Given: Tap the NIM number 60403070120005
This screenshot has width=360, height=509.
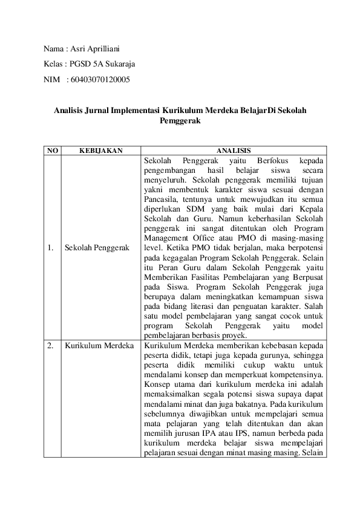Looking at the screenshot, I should pyautogui.click(x=100, y=79).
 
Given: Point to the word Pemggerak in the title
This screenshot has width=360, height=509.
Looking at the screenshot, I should pyautogui.click(x=180, y=121).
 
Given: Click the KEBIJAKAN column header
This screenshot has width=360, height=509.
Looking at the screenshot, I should pyautogui.click(x=100, y=151).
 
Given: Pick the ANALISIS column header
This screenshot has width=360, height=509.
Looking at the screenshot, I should pyautogui.click(x=234, y=151).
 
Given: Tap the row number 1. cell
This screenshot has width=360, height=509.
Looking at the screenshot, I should pyautogui.click(x=51, y=248).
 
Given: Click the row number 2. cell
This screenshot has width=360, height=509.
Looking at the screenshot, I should pyautogui.click(x=51, y=346).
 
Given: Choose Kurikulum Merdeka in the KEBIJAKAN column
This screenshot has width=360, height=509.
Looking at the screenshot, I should pyautogui.click(x=99, y=346).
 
